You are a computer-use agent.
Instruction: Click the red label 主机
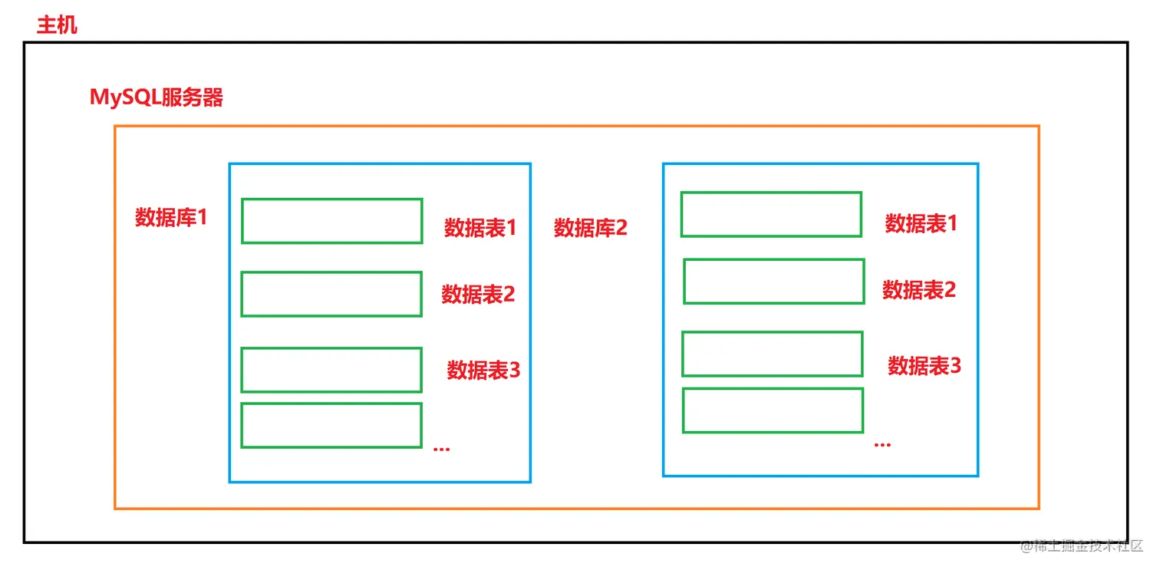point(57,25)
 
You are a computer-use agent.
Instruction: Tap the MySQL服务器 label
point(157,98)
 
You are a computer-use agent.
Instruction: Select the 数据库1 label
point(171,218)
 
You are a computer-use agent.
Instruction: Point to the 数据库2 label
point(591,228)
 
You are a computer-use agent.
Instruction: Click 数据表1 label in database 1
point(480,228)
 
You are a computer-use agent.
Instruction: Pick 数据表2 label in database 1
point(478,295)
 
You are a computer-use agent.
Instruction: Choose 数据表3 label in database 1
point(483,371)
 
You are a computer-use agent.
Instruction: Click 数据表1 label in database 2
point(921,223)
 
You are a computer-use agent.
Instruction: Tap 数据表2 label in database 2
point(919,290)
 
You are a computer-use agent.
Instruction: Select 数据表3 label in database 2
point(924,366)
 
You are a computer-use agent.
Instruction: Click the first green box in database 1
point(331,221)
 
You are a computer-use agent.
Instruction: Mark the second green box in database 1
point(331,294)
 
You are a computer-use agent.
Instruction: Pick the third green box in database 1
point(331,370)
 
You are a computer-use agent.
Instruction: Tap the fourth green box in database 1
point(331,425)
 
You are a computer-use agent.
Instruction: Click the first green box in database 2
point(771,214)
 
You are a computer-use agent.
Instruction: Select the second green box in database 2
point(774,282)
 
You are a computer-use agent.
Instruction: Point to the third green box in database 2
point(773,354)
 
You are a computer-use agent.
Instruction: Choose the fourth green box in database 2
point(773,410)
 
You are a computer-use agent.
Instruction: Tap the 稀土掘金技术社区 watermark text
point(1081,545)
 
